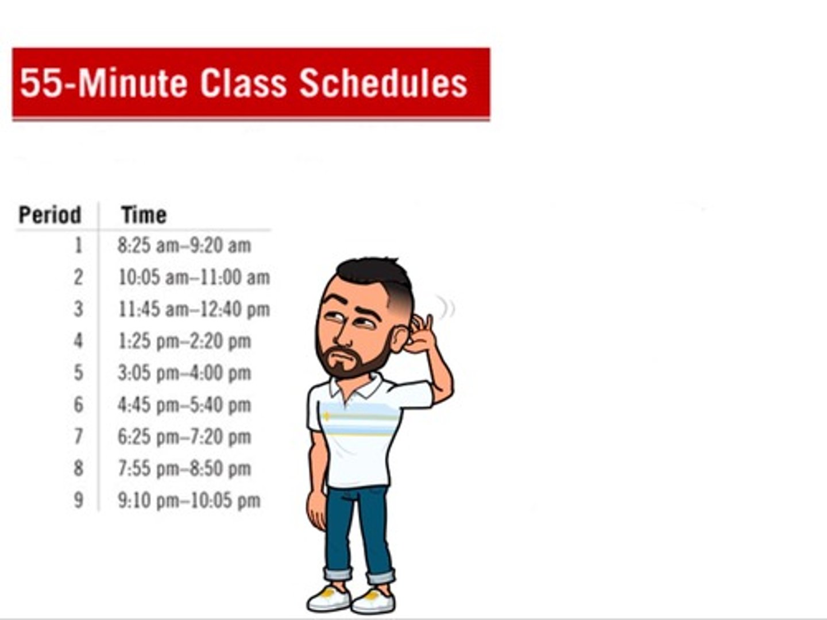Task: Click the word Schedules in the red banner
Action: coord(383,83)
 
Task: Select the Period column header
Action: coord(50,215)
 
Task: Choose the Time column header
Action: coord(144,215)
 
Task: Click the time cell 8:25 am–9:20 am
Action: coord(184,246)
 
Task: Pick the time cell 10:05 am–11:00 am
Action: coord(194,278)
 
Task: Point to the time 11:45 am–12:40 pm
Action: coord(194,309)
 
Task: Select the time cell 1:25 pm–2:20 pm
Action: coord(184,341)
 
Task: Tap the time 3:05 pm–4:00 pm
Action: coord(184,373)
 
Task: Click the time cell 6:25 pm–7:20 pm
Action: coord(184,437)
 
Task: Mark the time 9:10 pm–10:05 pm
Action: coord(189,501)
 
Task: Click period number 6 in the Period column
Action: coord(78,405)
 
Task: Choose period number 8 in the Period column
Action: coord(78,468)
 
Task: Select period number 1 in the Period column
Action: coord(78,246)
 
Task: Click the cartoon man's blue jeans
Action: coord(356,528)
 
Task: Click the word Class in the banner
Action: coord(243,83)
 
